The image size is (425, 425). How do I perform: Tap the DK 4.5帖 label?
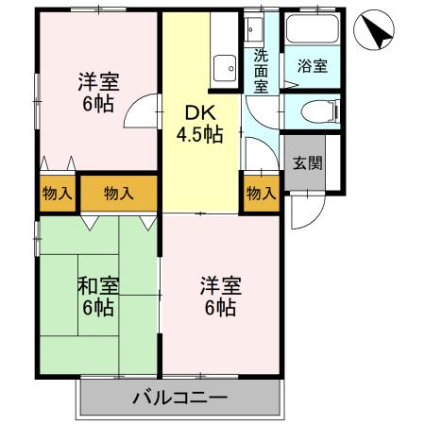(199, 123)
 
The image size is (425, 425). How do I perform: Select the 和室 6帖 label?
(97, 296)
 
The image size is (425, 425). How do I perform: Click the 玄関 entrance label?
(306, 161)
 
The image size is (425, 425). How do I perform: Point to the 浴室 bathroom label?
(313, 66)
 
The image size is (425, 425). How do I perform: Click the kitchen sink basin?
(225, 68)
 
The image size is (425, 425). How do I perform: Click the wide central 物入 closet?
(118, 193)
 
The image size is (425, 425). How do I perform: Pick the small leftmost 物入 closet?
(58, 193)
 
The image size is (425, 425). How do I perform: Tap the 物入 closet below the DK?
(262, 193)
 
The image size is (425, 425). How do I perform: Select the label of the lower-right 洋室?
(218, 296)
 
